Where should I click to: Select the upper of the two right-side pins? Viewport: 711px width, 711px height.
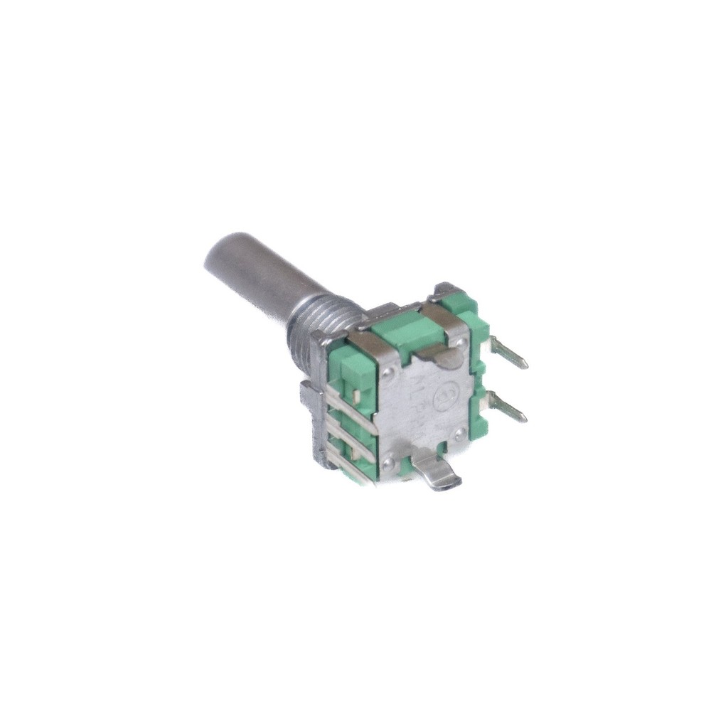pos(510,353)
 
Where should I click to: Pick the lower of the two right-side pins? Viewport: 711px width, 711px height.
pos(508,409)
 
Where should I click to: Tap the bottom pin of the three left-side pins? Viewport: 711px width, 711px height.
pos(352,469)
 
